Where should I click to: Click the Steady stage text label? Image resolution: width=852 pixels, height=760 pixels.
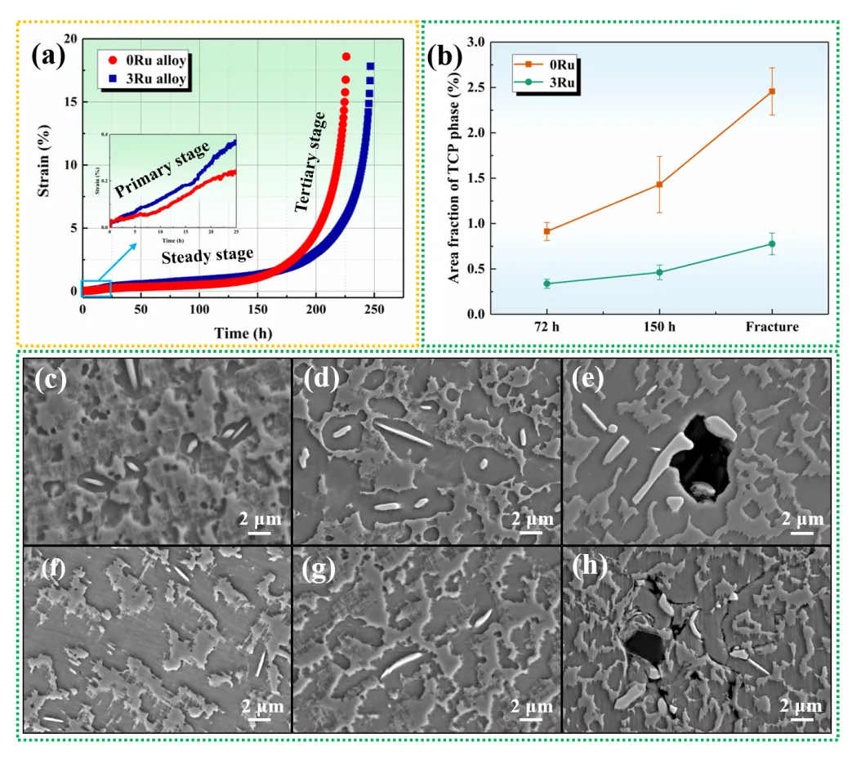tap(207, 256)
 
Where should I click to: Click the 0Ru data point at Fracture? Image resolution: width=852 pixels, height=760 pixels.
tap(771, 92)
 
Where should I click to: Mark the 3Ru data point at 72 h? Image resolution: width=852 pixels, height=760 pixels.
tap(546, 284)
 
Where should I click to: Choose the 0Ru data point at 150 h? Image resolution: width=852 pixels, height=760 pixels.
tap(659, 185)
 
